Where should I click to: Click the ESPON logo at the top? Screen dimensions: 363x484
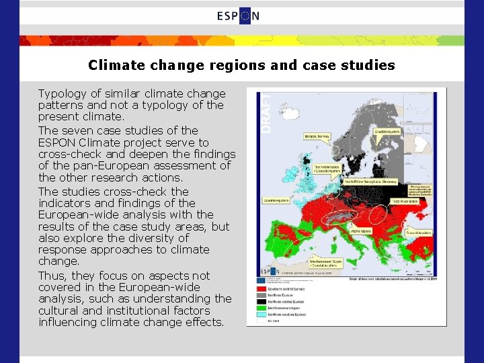[x=239, y=17]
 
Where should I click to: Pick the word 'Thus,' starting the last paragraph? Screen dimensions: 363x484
[x=52, y=276]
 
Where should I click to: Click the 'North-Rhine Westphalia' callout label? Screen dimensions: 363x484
[x=370, y=182]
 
